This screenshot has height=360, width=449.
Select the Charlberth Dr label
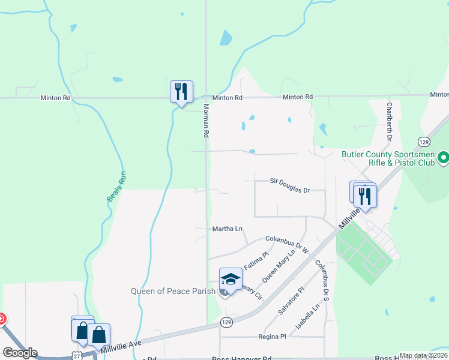390,122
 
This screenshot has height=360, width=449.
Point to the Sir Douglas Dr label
289,190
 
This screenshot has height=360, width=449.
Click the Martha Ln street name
228,229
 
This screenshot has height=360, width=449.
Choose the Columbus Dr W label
286,242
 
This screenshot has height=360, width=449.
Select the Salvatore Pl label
292,301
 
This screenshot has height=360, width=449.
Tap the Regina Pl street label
272,337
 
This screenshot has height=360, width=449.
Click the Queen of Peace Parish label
169,292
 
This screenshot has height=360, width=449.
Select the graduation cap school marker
231,280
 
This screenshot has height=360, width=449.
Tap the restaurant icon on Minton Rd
181,92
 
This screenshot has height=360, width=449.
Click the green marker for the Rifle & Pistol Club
444,158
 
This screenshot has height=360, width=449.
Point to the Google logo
20,353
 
